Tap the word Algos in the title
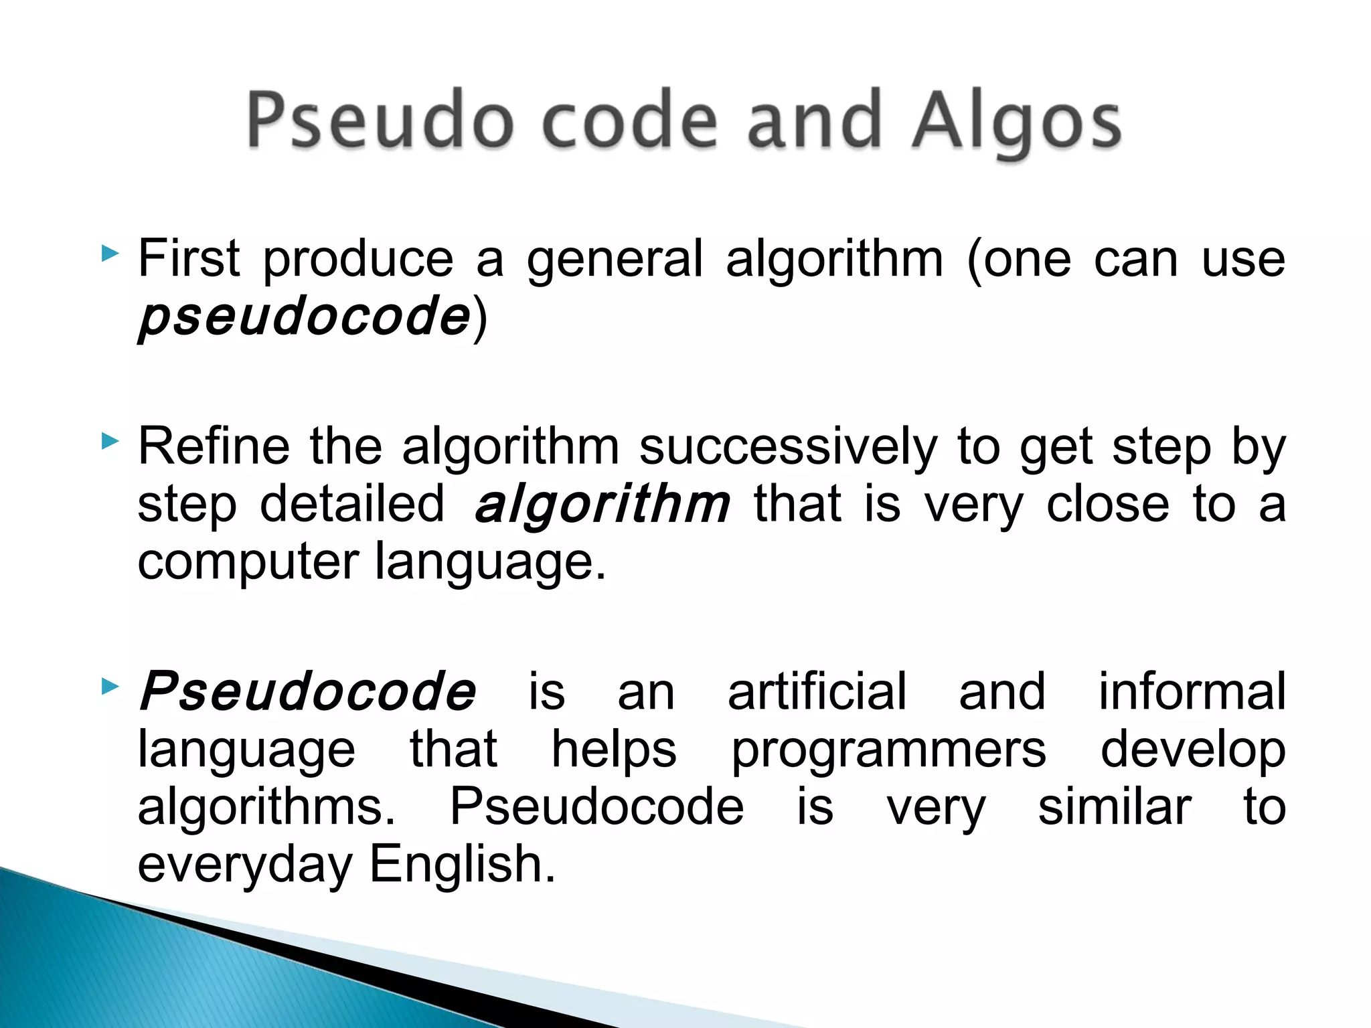[x=1017, y=124]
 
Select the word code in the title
[x=629, y=120]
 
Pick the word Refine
[x=214, y=446]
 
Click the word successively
[x=788, y=448]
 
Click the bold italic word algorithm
[x=601, y=506]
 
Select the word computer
[x=248, y=562]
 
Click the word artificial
[x=817, y=691]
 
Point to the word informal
[x=1192, y=691]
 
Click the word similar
[x=1115, y=807]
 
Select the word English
[x=462, y=865]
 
